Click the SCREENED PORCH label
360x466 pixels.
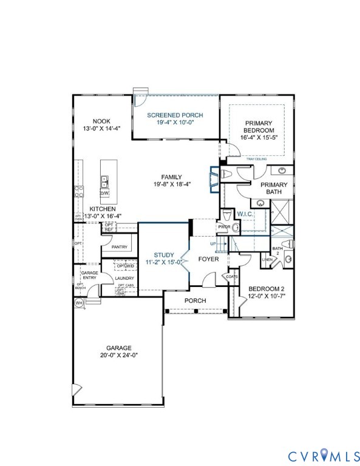coord(175,115)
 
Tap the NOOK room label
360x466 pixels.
coord(101,121)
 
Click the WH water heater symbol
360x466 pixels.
coord(79,303)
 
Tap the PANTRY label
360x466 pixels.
coord(120,247)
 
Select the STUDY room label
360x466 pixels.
coord(164,255)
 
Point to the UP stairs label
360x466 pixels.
coord(212,243)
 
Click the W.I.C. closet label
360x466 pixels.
coord(245,214)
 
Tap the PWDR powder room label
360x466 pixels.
coord(223,228)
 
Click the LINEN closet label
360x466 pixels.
coord(267,260)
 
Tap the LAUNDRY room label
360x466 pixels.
coord(124,278)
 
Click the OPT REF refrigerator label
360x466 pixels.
coord(109,227)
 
